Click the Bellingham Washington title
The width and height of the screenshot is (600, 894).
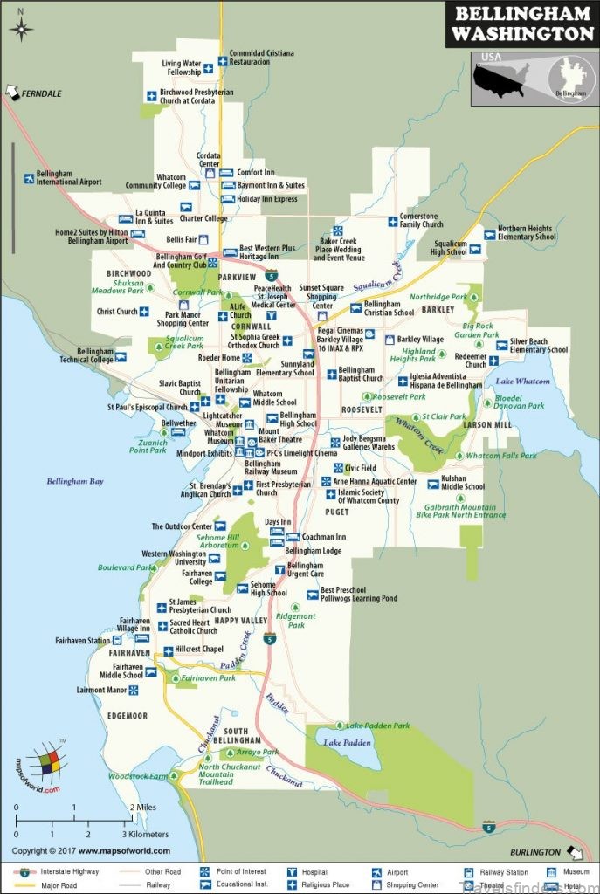(521, 24)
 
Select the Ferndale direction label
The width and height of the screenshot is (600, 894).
(42, 93)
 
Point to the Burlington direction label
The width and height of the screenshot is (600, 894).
(535, 851)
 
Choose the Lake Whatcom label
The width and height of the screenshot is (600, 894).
(523, 382)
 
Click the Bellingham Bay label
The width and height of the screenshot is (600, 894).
(74, 481)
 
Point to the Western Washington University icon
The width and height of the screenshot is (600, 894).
(214, 559)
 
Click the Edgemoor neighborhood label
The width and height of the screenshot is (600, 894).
(127, 716)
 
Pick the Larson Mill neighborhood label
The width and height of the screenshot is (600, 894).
(489, 425)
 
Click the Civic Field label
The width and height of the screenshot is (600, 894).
(361, 468)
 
